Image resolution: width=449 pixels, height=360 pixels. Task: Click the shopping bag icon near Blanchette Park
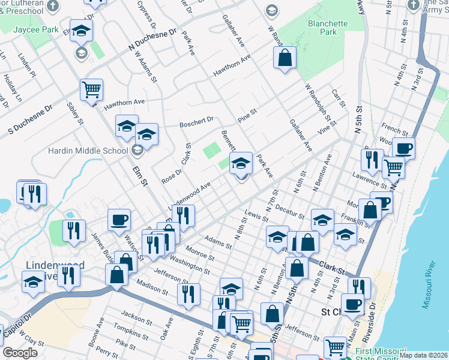tap(285, 58)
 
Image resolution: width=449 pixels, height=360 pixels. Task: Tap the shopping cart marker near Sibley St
tap(91, 91)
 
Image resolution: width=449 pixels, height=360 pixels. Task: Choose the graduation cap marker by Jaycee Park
tap(81, 30)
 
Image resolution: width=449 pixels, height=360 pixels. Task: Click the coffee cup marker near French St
tap(403, 148)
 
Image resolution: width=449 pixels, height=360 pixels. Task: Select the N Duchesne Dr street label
tap(152, 40)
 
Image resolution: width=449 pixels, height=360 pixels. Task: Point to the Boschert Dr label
tap(196, 122)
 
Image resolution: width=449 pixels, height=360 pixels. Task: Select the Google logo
tap(20, 353)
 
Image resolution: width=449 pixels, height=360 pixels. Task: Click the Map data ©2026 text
tap(423, 355)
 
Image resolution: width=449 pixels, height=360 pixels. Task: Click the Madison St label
tap(152, 287)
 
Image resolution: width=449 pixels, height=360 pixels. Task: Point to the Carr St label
tap(339, 98)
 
